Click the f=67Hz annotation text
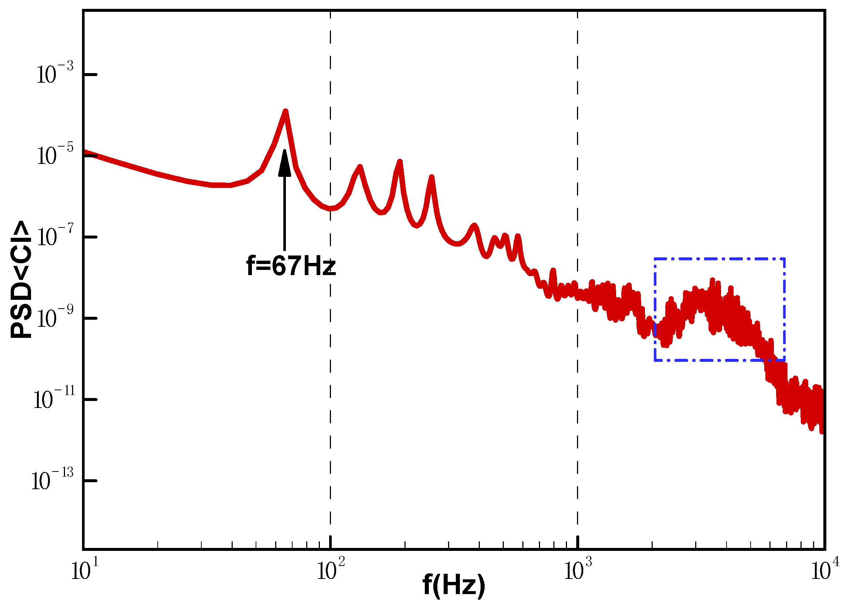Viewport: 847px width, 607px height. click(x=291, y=266)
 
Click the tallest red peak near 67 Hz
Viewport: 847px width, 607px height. click(x=285, y=111)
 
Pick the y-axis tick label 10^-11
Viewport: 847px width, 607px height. click(x=54, y=399)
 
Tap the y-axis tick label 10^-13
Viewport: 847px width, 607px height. click(x=52, y=480)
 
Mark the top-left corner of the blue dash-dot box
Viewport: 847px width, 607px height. click(x=655, y=258)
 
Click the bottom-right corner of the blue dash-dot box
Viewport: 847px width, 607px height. click(x=784, y=360)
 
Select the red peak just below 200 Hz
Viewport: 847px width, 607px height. click(x=400, y=162)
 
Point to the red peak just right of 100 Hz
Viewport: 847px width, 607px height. click(x=360, y=166)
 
